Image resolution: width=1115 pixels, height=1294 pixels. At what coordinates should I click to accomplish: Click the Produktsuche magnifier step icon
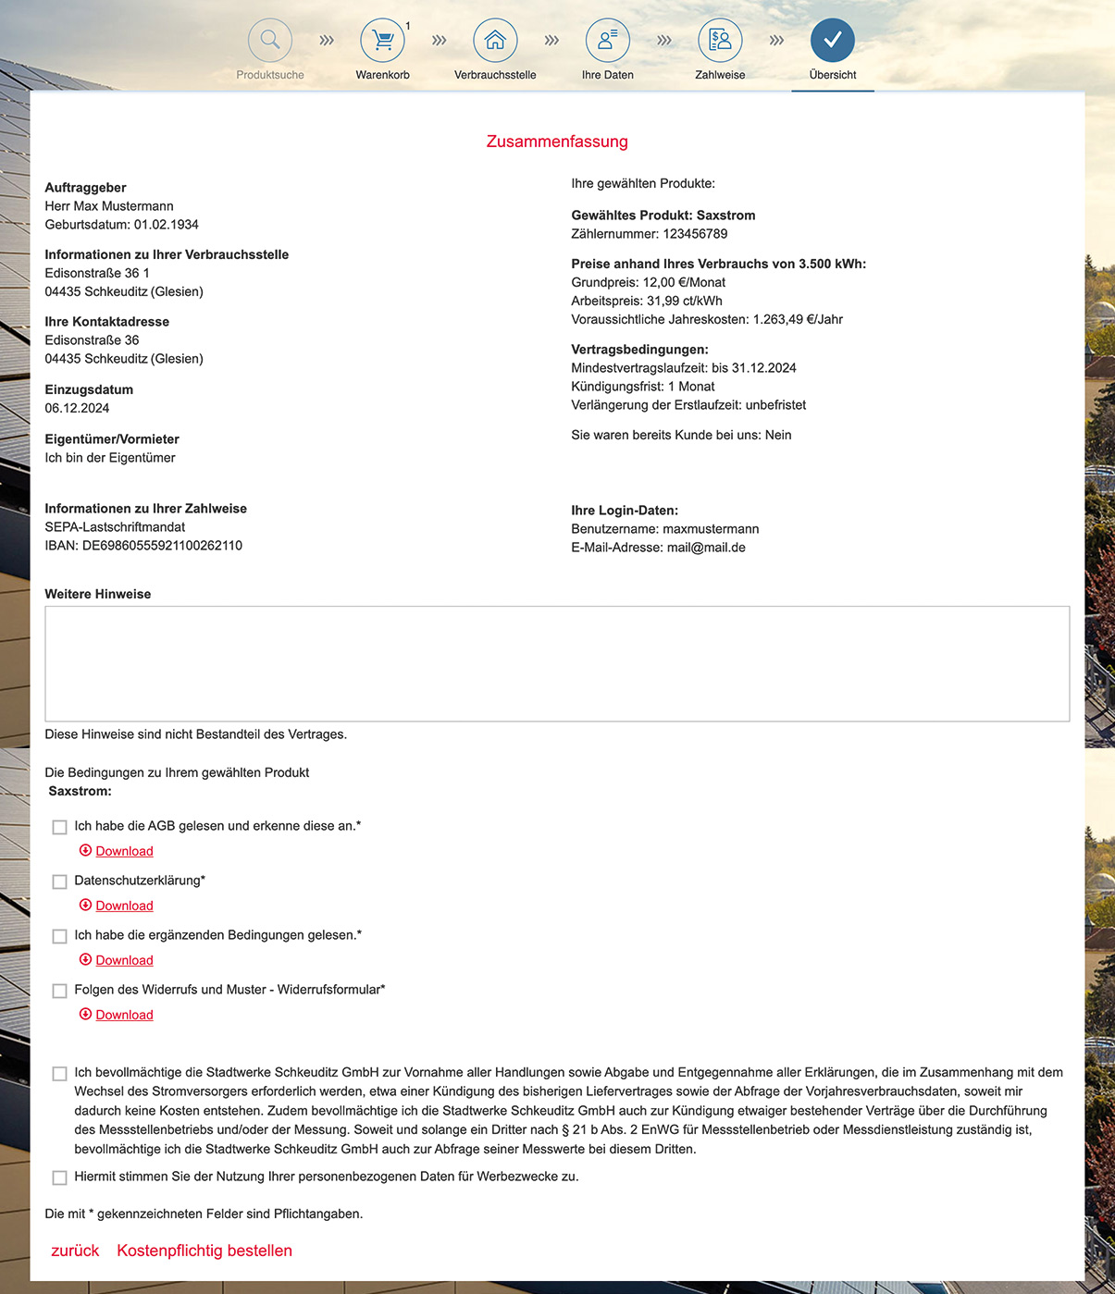270,41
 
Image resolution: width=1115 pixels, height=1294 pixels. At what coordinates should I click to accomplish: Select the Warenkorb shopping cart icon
382,41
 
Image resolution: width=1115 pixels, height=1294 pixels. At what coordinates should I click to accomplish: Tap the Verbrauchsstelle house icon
495,41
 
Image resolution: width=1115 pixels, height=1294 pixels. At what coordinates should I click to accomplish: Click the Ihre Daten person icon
607,41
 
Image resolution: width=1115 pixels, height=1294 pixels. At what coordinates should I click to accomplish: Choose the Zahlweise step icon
720,41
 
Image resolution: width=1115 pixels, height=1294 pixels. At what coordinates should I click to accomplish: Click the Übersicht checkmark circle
832,41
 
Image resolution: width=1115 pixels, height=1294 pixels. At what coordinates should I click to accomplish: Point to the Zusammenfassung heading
557,142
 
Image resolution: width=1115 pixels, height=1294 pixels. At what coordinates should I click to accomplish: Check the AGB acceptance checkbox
60,827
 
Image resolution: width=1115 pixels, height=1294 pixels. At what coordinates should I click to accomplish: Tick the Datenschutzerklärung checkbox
60,881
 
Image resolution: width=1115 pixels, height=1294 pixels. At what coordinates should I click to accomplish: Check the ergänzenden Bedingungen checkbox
60,936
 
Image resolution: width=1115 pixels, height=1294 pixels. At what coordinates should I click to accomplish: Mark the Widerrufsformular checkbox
60,991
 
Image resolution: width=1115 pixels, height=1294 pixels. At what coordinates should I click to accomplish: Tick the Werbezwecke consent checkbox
60,1177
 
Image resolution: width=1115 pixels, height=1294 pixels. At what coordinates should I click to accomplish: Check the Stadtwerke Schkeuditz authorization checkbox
60,1074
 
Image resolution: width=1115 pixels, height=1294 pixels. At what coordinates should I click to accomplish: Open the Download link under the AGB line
124,851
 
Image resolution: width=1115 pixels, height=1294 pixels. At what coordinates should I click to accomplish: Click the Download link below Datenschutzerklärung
124,906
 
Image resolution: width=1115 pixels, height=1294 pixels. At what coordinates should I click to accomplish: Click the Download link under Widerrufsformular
124,1015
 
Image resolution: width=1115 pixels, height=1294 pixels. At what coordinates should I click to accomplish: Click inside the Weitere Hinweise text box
557,663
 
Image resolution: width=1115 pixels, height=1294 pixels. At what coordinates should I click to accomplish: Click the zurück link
75,1251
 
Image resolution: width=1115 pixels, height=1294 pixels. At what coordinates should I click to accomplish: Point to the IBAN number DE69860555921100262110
162,546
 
